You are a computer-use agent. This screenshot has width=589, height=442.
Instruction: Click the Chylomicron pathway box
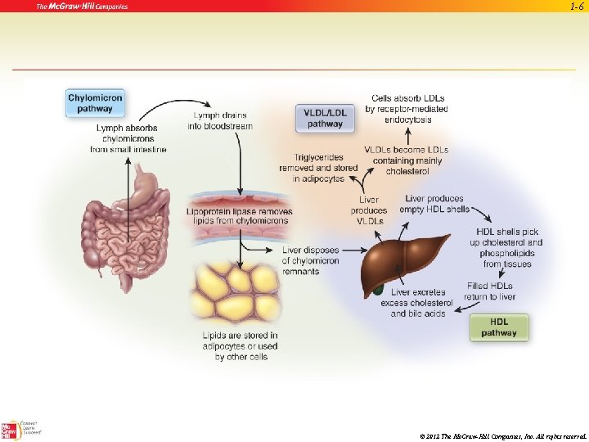click(96, 103)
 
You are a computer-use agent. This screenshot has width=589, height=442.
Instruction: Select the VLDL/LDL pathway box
click(325, 118)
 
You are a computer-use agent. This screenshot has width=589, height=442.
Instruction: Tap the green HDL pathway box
click(499, 327)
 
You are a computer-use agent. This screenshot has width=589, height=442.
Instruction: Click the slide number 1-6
click(576, 7)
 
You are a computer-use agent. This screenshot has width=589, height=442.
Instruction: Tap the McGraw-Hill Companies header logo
click(82, 7)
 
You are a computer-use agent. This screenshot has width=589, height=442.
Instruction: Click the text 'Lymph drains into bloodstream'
click(220, 120)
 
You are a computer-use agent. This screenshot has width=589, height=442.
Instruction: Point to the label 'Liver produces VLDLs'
click(369, 210)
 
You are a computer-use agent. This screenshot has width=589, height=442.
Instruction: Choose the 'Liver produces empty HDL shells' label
click(434, 204)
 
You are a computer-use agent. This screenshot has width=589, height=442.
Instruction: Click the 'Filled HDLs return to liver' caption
click(492, 291)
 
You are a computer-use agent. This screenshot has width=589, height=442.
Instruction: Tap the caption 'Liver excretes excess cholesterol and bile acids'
click(418, 303)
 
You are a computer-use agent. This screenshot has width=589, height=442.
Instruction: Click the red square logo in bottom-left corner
click(11, 431)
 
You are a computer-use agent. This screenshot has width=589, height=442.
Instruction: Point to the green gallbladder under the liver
click(378, 288)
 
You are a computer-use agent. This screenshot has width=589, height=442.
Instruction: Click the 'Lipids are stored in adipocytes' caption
click(241, 346)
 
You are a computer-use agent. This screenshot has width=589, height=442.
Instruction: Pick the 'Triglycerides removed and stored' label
click(318, 168)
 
